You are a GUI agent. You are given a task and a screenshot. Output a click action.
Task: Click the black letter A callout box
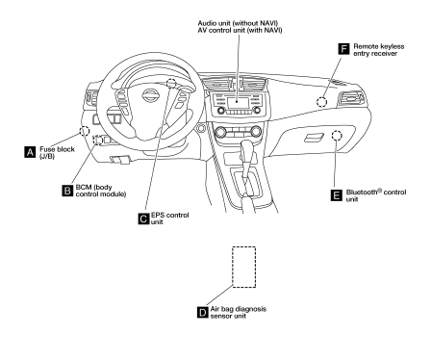point(30,152)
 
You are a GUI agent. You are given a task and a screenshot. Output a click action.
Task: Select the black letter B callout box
point(67,191)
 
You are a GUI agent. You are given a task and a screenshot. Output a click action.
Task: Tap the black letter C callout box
point(144,219)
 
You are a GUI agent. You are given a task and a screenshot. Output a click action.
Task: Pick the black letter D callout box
point(203,312)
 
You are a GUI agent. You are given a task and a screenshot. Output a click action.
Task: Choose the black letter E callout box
point(337,195)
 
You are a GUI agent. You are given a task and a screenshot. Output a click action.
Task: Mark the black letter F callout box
point(343,49)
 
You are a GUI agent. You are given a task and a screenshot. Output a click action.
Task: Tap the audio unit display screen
point(238,103)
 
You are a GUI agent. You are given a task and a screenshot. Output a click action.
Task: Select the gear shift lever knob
point(247,150)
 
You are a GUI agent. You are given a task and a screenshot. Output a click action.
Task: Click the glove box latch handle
point(314,138)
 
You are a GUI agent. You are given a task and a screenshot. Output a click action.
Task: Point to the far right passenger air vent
point(351,98)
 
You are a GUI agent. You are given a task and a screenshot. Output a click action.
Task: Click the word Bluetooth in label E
point(362,193)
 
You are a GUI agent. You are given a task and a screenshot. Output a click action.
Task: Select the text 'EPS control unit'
point(169,219)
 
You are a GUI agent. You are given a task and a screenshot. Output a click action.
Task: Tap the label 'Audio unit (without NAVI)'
point(238,23)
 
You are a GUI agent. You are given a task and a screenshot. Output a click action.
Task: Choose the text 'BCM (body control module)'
point(101,191)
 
